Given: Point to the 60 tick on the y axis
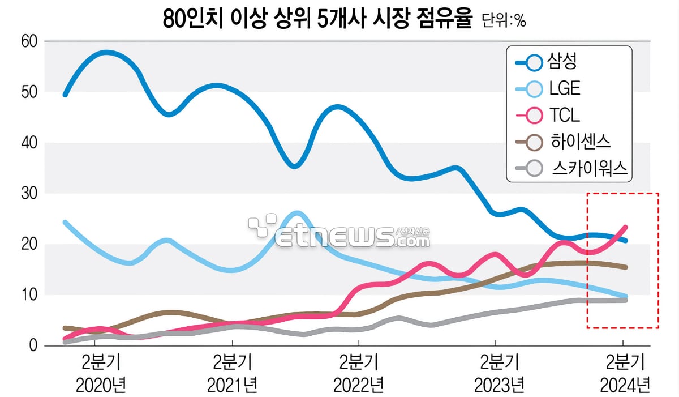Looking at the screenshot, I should pyautogui.click(x=29, y=41).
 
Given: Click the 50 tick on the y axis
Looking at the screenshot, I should pyautogui.click(x=29, y=92).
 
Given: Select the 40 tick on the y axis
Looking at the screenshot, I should pyautogui.click(x=29, y=143).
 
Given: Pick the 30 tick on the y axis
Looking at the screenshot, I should pyautogui.click(x=29, y=193).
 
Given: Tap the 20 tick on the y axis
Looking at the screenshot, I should pyautogui.click(x=29, y=244).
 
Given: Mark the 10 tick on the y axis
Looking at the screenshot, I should pyautogui.click(x=29, y=294).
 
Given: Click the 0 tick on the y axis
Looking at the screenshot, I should pyautogui.click(x=33, y=345).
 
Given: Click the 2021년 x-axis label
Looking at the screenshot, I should pyautogui.click(x=232, y=386).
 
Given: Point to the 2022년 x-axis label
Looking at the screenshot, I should pyautogui.click(x=359, y=386).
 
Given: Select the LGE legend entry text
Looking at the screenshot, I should pyautogui.click(x=565, y=88).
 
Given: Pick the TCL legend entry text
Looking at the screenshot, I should pyautogui.click(x=564, y=116).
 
